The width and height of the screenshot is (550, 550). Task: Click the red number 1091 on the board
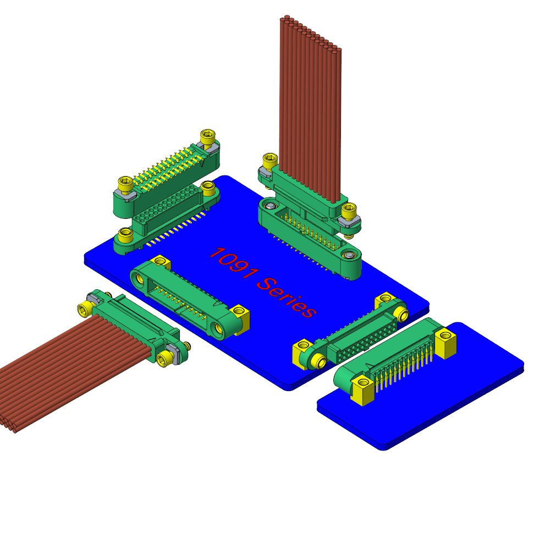(234, 263)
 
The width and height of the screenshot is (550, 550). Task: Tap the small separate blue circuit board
(421, 386)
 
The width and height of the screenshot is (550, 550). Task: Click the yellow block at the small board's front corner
(362, 390)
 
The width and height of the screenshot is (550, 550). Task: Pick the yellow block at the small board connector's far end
(446, 343)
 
